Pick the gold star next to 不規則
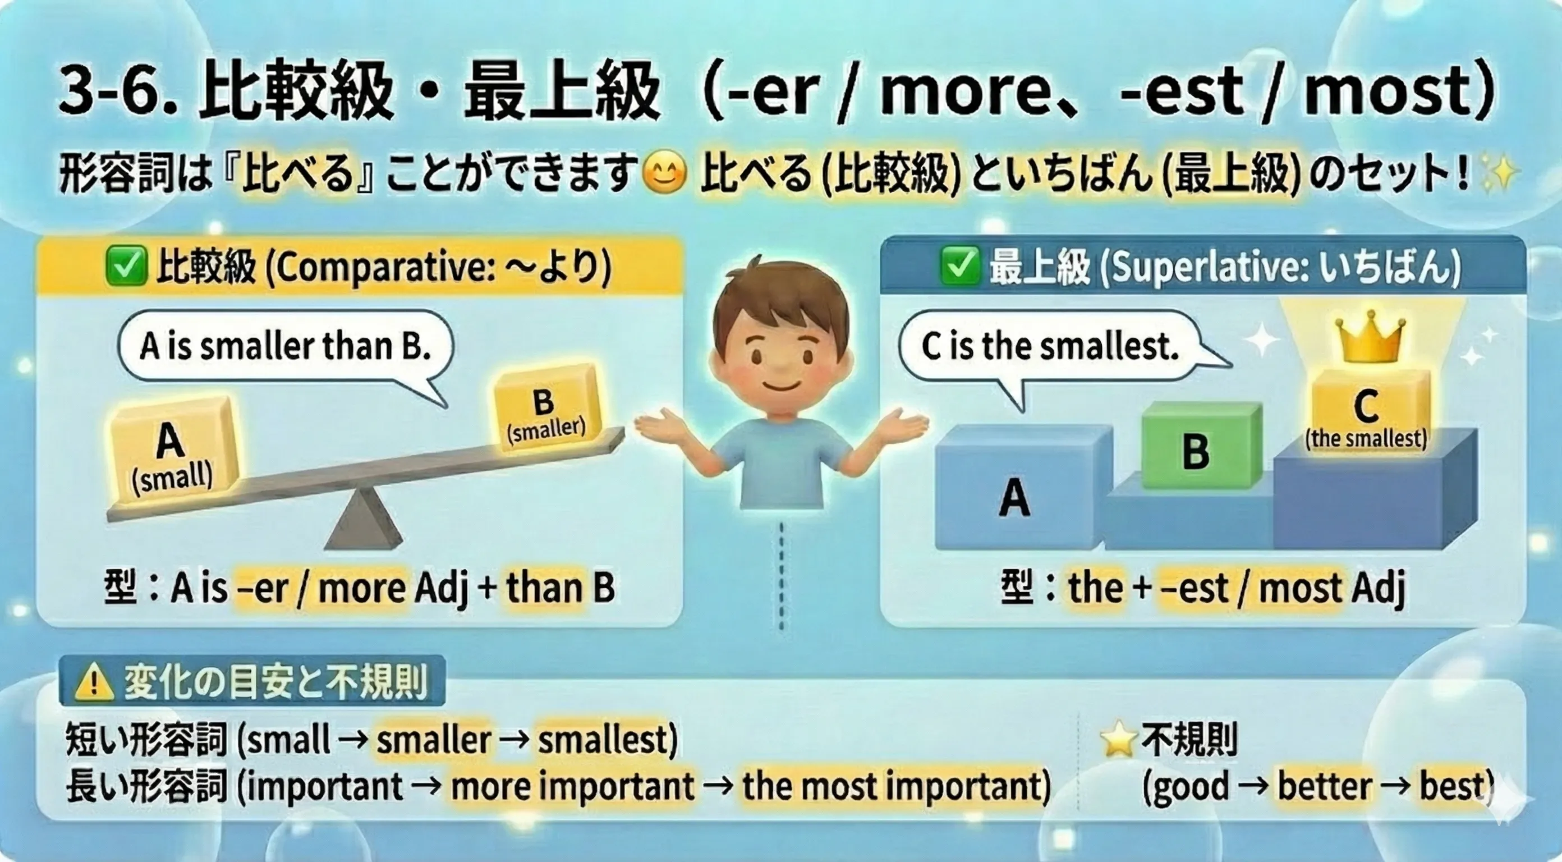pos(1118,741)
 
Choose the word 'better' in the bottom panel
pos(1325,786)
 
